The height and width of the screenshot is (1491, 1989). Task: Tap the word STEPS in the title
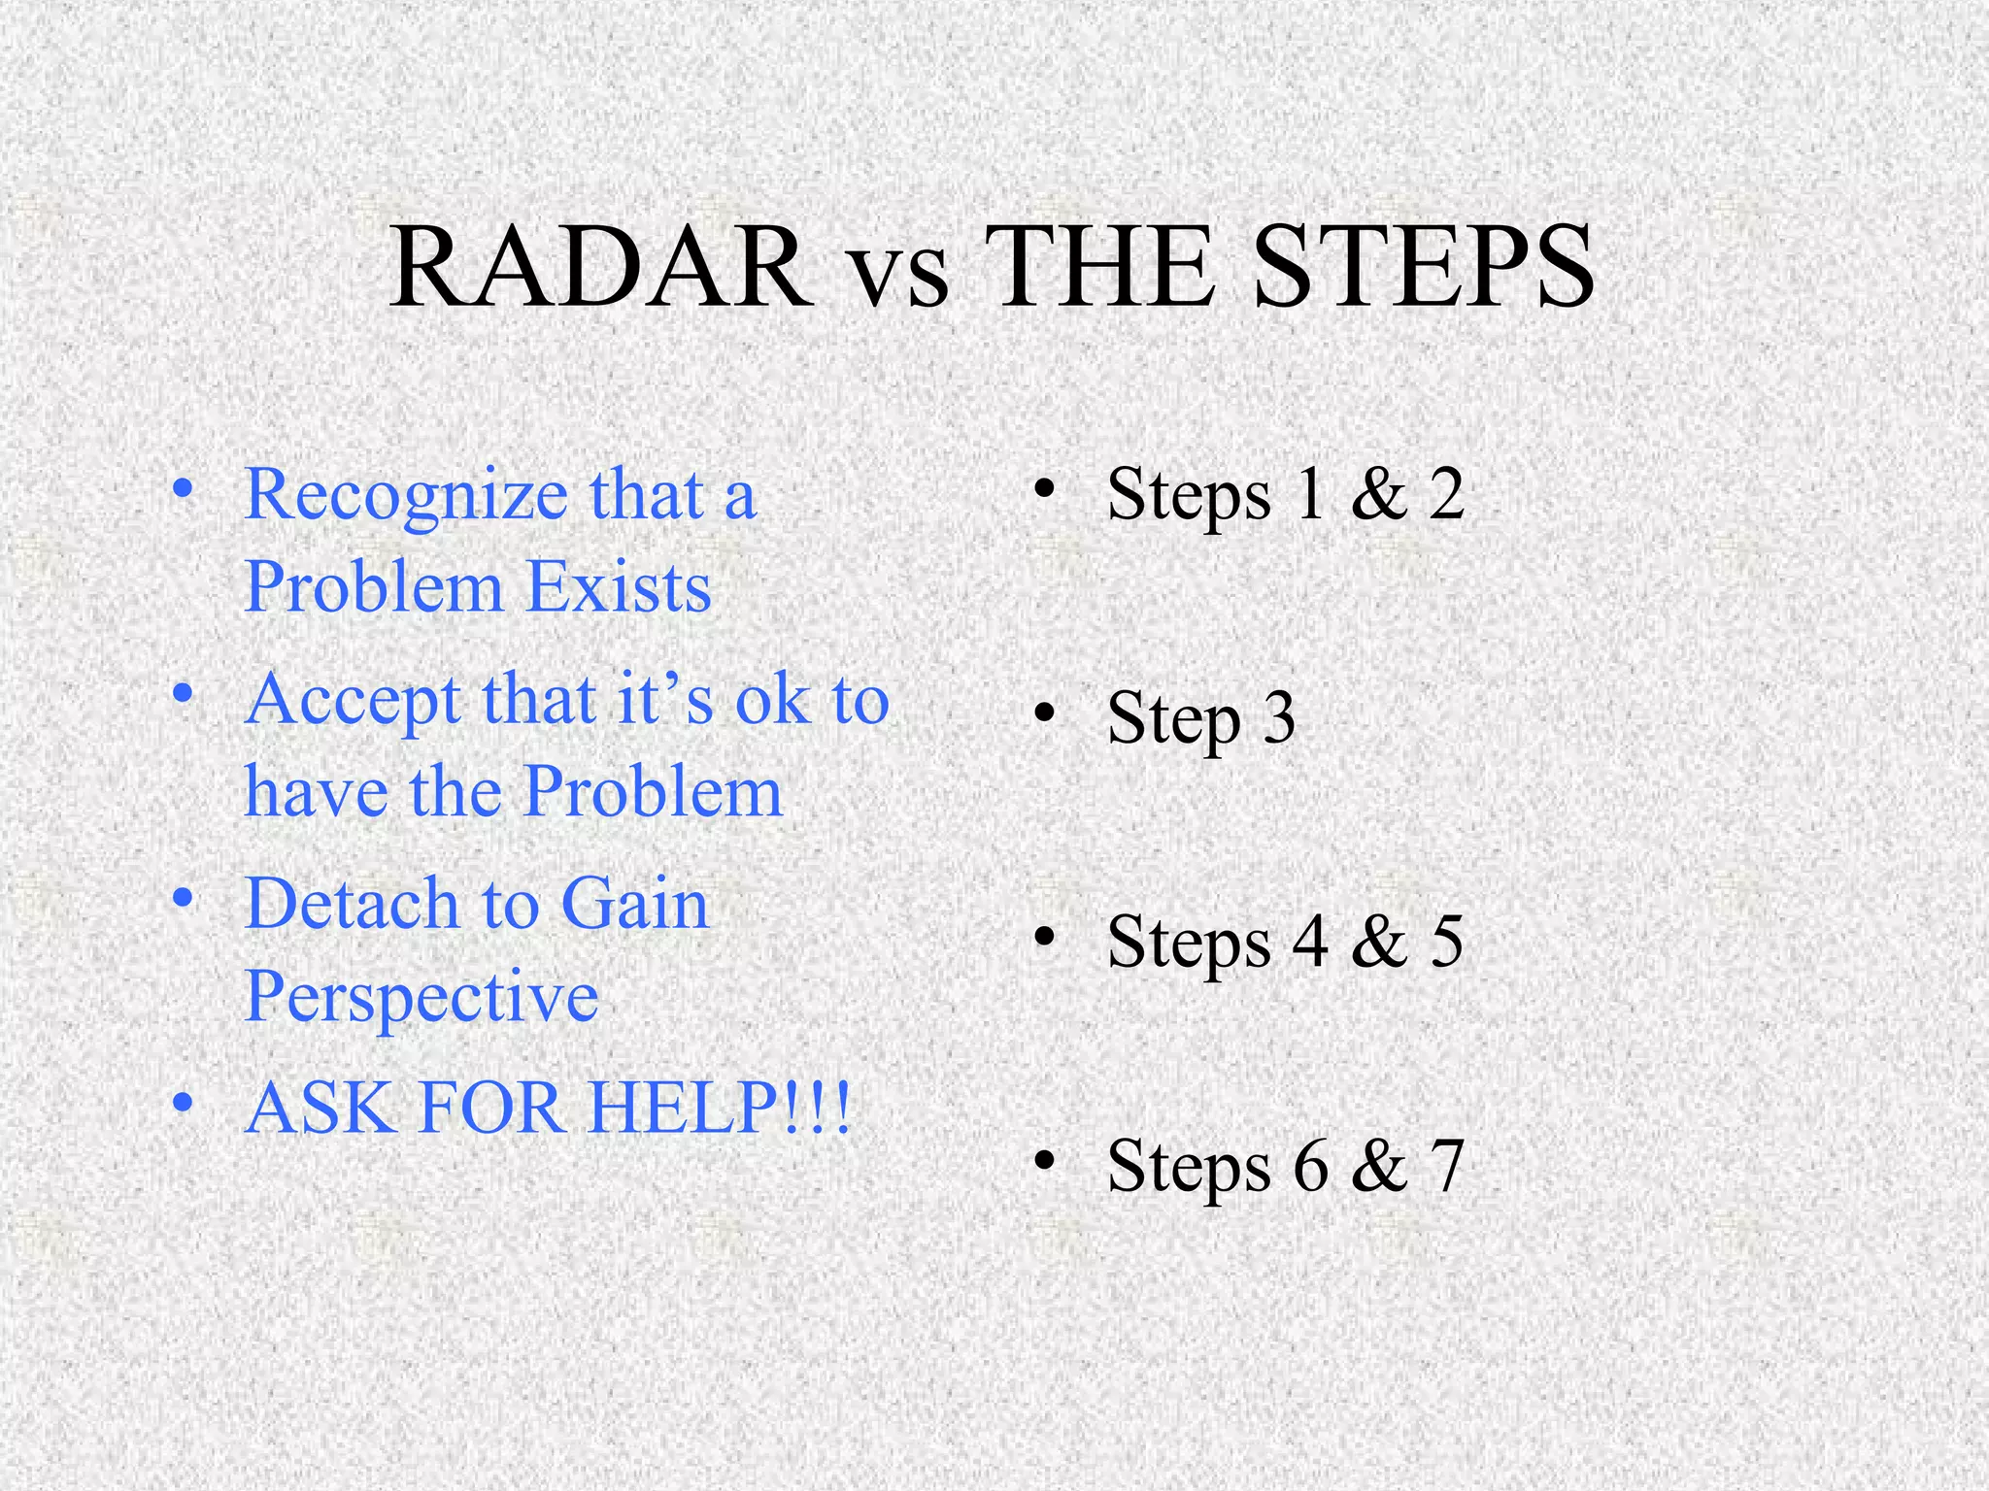pos(1425,267)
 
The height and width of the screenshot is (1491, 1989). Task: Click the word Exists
pos(620,588)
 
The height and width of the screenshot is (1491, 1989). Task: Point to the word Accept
pos(353,702)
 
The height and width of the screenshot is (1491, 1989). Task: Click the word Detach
pos(352,904)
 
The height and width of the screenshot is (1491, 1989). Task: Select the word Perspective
pos(421,998)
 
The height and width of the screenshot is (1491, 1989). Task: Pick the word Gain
pos(635,904)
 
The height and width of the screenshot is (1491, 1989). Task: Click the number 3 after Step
pos(1279,719)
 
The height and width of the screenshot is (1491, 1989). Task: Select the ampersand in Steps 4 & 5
pos(1379,942)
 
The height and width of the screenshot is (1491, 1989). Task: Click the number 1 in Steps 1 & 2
pos(1310,494)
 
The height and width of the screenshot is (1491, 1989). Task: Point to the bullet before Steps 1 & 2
pos(1044,491)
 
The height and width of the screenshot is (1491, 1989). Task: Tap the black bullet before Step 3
pos(1044,715)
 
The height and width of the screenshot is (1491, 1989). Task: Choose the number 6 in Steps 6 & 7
pos(1310,1166)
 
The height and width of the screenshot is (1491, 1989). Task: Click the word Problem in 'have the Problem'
pos(653,792)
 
